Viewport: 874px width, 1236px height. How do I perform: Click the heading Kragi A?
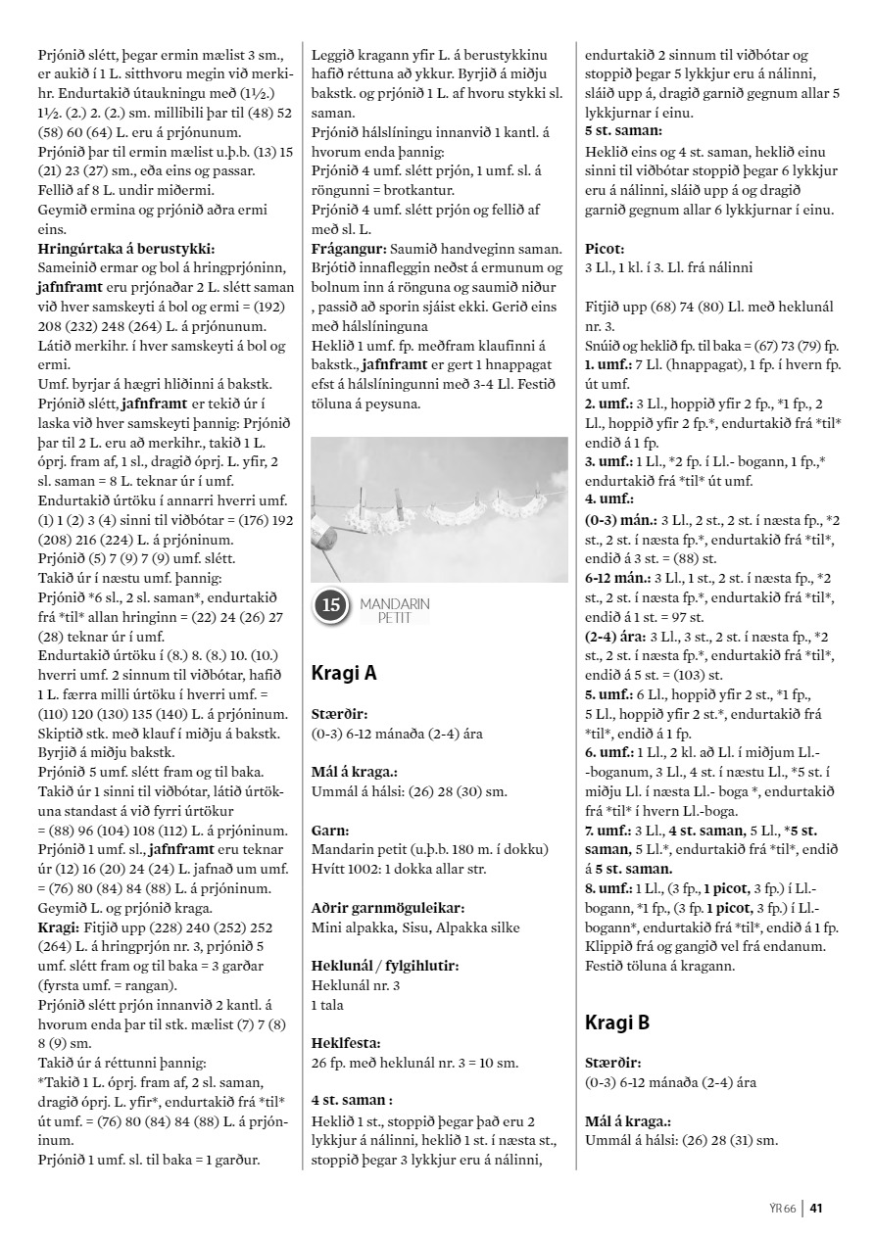[x=344, y=673]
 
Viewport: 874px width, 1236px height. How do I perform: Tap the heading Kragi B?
[x=617, y=1022]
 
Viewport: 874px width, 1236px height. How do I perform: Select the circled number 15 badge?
[x=331, y=606]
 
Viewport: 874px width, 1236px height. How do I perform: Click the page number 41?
[x=815, y=1207]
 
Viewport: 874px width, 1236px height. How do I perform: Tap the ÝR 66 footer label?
[x=782, y=1207]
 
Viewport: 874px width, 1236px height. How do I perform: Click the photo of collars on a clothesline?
[x=439, y=509]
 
